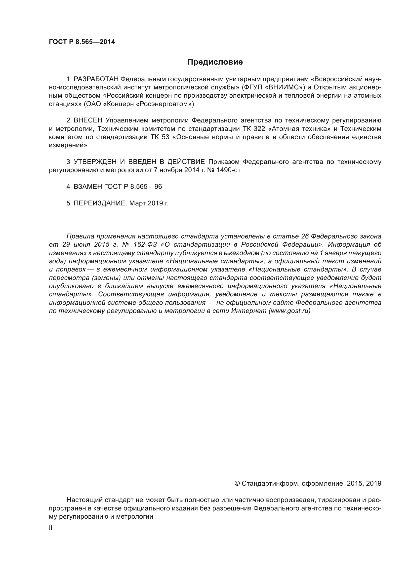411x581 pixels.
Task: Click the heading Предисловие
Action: (215, 62)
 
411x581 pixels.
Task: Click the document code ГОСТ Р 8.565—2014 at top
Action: (82, 42)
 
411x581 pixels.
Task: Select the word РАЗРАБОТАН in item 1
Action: (96, 79)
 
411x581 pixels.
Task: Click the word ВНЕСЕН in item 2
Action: (88, 120)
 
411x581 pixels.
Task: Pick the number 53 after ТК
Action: (165, 137)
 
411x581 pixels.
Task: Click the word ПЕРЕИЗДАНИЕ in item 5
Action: (100, 203)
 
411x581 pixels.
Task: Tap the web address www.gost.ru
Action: (289, 311)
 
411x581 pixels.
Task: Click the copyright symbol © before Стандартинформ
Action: (237, 484)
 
